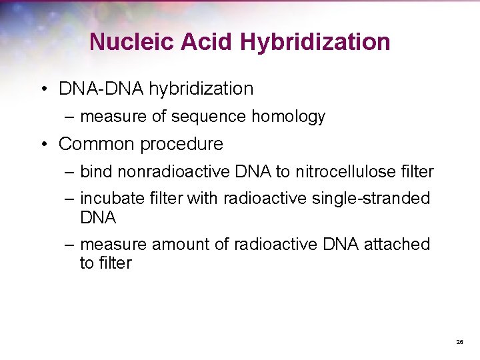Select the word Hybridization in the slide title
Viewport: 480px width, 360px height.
[x=315, y=42]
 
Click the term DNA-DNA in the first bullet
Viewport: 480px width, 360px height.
[x=101, y=89]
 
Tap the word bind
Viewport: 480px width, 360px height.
[x=96, y=172]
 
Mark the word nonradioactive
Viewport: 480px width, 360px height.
[x=175, y=172]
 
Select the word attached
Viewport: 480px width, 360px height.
[x=397, y=245]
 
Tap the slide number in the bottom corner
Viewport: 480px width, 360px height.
[x=459, y=341]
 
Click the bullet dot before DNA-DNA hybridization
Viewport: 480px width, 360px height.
[x=43, y=89]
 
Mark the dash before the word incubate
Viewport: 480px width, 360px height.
[x=70, y=199]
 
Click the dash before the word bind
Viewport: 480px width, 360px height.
[x=70, y=172]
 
